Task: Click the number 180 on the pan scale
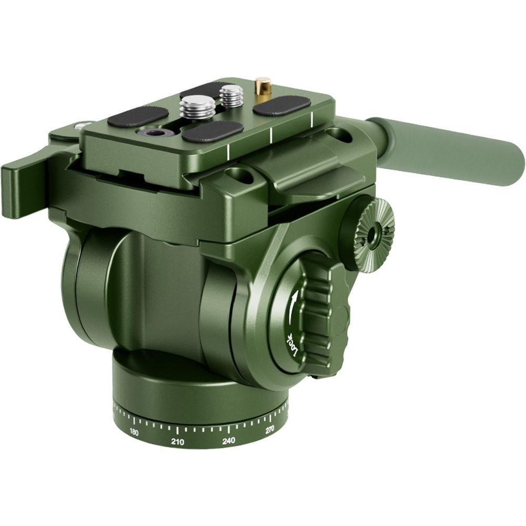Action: pyautogui.click(x=134, y=432)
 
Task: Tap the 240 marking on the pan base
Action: pyautogui.click(x=228, y=440)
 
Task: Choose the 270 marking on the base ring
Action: pyautogui.click(x=270, y=430)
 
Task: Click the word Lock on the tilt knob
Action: pyautogui.click(x=292, y=347)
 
